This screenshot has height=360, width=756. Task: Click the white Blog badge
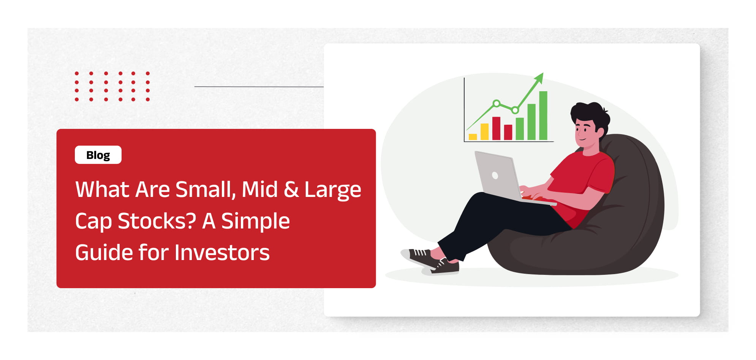click(98, 155)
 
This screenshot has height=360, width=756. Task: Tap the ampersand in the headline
click(291, 189)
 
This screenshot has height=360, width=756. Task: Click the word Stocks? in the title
click(157, 221)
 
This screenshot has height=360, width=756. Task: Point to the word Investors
click(222, 253)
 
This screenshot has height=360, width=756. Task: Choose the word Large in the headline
click(333, 190)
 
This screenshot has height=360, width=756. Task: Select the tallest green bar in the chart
click(543, 116)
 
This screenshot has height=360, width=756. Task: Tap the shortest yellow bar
click(473, 137)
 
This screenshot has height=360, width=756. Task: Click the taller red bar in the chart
click(496, 128)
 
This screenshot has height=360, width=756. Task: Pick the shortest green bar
click(520, 129)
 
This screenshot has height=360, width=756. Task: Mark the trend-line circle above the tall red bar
click(496, 103)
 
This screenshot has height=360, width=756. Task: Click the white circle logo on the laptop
click(495, 175)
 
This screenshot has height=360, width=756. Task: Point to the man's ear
click(601, 131)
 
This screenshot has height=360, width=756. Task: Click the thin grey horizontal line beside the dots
click(259, 87)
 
